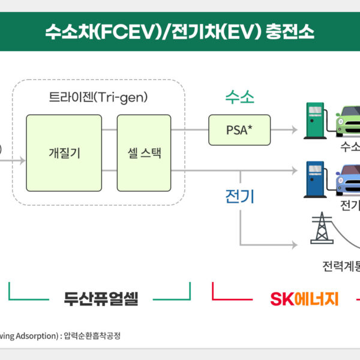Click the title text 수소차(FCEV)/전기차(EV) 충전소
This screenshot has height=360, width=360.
click(x=179, y=31)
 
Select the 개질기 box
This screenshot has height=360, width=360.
click(x=64, y=153)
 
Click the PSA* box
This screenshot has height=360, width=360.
click(x=239, y=130)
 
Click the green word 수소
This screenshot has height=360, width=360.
click(x=239, y=97)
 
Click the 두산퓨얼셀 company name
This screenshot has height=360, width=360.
click(x=101, y=298)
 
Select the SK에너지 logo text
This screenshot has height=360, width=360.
click(x=304, y=298)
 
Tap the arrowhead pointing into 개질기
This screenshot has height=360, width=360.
click(x=22, y=161)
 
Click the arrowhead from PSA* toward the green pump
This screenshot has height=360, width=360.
click(x=294, y=130)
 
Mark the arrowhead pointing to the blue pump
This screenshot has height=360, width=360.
click(x=294, y=171)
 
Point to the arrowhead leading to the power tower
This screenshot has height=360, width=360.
click(x=294, y=245)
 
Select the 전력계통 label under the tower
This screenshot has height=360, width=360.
click(x=341, y=265)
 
